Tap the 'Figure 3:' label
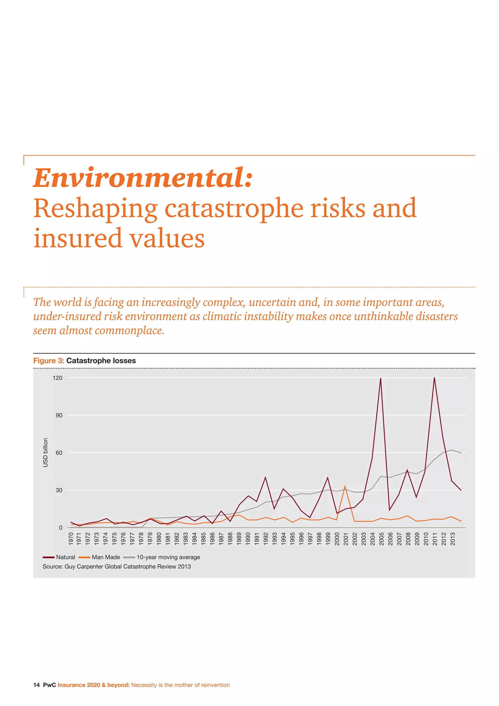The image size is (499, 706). click(48, 361)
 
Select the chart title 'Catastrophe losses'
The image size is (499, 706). click(101, 361)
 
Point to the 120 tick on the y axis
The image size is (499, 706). click(58, 378)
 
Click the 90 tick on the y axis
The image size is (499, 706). click(59, 415)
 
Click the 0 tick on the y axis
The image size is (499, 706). click(60, 528)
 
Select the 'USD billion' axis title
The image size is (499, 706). click(46, 453)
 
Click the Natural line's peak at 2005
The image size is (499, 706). click(381, 379)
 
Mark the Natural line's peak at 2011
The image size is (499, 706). click(434, 378)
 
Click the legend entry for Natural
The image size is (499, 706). click(59, 557)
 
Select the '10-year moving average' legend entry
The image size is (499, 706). click(162, 557)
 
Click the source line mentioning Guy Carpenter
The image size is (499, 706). click(117, 566)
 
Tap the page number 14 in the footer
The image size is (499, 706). click(36, 685)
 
